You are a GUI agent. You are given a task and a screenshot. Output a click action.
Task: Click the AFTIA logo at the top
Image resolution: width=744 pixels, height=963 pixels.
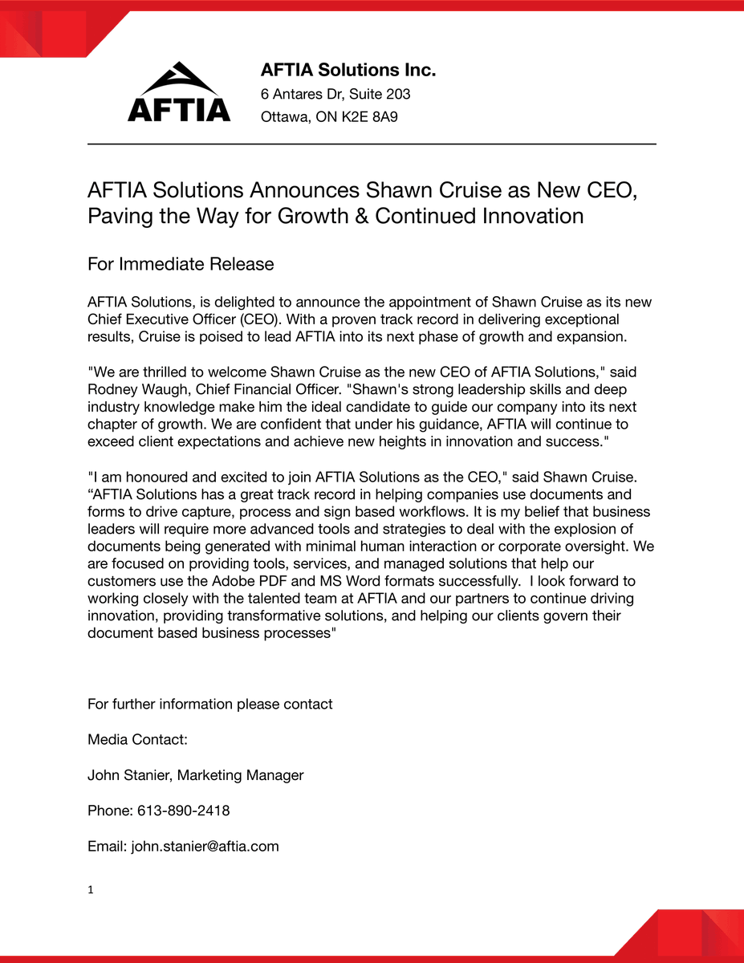point(178,92)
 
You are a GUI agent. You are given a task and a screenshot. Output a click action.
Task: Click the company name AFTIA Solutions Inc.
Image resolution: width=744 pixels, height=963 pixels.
point(348,71)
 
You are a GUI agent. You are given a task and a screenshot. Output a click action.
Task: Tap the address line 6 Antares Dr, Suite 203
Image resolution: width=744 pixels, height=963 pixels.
point(335,94)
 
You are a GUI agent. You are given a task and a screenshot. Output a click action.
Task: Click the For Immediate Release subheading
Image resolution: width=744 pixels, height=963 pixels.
point(181,264)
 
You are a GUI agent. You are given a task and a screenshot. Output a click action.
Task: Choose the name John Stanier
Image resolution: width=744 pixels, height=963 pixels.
point(128,775)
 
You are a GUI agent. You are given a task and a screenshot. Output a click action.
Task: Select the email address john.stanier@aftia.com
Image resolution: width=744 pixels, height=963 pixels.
point(205,846)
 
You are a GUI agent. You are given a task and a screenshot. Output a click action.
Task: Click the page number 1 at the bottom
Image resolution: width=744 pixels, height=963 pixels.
point(91,889)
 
